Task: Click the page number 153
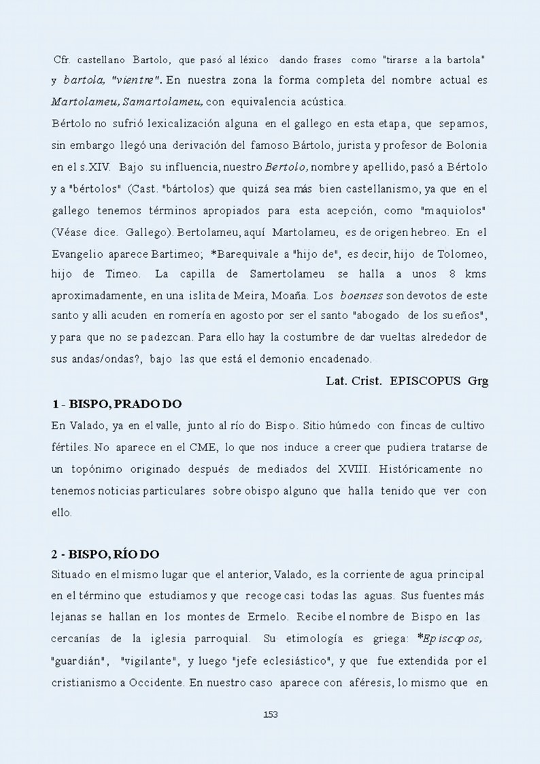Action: point(270,714)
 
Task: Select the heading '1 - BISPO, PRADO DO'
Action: point(117,404)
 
